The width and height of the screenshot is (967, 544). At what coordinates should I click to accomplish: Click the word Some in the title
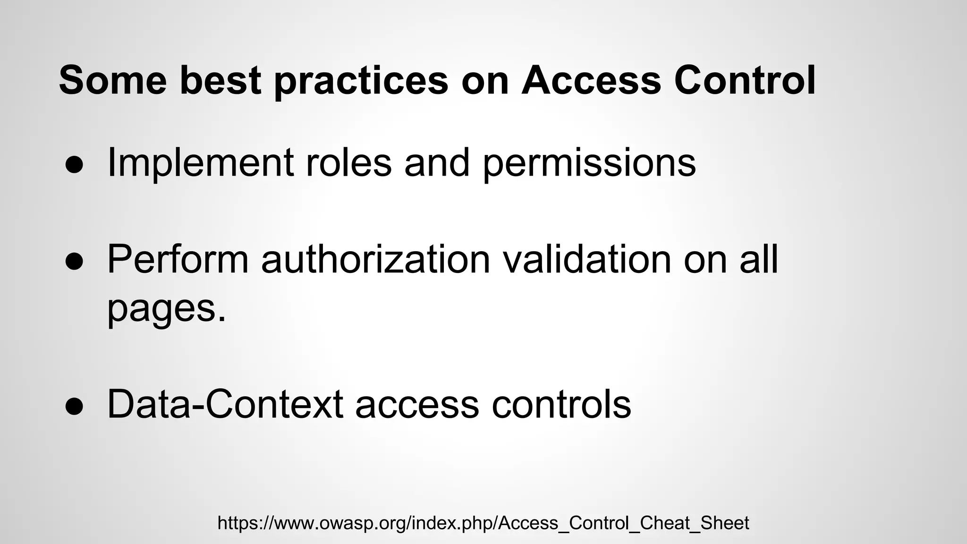[112, 80]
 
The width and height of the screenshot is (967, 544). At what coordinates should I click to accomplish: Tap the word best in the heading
[221, 80]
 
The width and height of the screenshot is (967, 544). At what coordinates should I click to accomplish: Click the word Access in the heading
[591, 80]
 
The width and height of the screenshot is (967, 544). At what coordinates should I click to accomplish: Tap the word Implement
[201, 163]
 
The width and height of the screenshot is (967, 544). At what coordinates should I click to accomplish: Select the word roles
[348, 163]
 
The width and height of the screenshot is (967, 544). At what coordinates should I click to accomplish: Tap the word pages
[167, 309]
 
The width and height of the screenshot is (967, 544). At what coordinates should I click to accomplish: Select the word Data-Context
[225, 404]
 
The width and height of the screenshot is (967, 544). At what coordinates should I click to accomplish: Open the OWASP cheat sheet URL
[483, 523]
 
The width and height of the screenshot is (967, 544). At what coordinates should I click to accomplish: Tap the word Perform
[178, 259]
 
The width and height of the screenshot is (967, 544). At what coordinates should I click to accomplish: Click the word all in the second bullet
[759, 259]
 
